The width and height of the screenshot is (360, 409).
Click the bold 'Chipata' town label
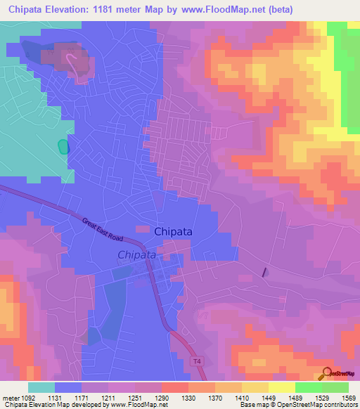173,231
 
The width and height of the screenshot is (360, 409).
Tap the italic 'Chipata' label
136,255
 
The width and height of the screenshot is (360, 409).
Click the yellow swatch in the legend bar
281,387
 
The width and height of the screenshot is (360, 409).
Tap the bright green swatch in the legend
308,387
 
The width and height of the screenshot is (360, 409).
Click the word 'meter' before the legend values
11,398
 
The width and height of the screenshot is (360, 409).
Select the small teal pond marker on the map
63,146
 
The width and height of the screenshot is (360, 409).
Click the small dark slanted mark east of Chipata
265,272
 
